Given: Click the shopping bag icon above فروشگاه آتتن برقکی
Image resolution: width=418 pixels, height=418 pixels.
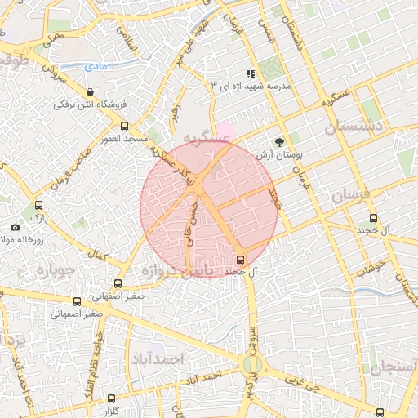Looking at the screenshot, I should tap(88, 91).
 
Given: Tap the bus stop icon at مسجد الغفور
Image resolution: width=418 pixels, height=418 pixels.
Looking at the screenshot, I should tap(124, 127).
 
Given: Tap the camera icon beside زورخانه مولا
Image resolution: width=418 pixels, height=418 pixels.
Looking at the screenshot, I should tap(15, 227).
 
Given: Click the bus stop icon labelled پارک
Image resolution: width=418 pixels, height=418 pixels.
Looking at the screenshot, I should tap(38, 206).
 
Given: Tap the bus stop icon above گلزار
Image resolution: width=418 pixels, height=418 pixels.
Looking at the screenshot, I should tap(112, 398).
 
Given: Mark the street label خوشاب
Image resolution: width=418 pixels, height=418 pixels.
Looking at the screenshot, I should tap(376, 267).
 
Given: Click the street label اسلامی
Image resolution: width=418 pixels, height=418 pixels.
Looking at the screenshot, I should tap(128, 37).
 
